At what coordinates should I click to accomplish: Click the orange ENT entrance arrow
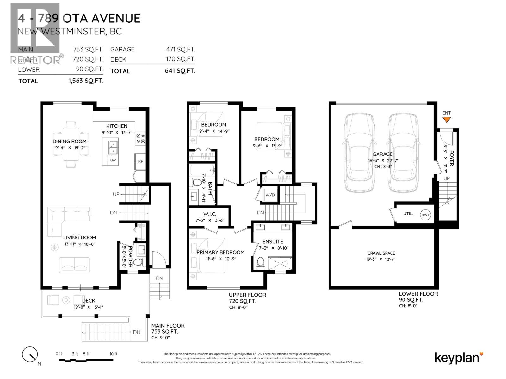pyautogui.click(x=446, y=120)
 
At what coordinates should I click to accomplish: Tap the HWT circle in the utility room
pyautogui.click(x=425, y=215)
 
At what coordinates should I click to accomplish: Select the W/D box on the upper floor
pyautogui.click(x=270, y=195)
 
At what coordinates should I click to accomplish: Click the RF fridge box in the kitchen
pyautogui.click(x=140, y=161)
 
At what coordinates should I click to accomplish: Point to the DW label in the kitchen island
pyautogui.click(x=113, y=160)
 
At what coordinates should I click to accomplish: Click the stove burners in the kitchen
pyautogui.click(x=140, y=139)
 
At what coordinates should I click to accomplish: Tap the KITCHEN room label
pyautogui.click(x=117, y=126)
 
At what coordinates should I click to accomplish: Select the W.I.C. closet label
pyautogui.click(x=210, y=214)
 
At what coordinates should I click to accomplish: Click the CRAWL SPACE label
pyautogui.click(x=381, y=253)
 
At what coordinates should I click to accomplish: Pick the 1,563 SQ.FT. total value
pyautogui.click(x=86, y=81)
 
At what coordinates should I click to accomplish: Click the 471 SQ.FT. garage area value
pyautogui.click(x=181, y=49)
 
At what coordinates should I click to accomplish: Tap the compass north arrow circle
pyautogui.click(x=30, y=354)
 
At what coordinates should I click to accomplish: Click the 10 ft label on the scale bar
pyautogui.click(x=114, y=354)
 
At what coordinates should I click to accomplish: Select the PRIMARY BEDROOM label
pyautogui.click(x=220, y=252)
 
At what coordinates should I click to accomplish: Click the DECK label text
pyautogui.click(x=89, y=301)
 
